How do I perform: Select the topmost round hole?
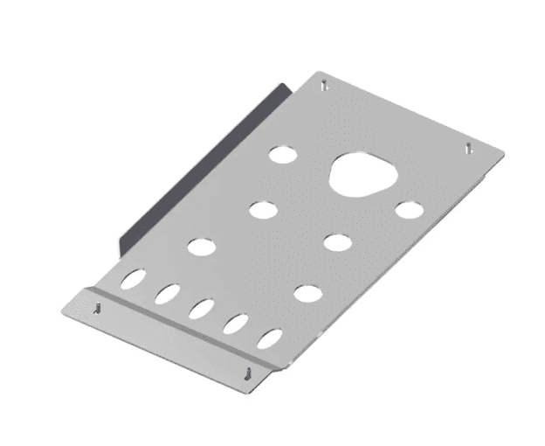282,155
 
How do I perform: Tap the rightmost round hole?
408,210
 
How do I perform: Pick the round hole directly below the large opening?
338,241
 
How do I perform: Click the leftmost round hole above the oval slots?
199,247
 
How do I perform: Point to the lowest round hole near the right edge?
306,293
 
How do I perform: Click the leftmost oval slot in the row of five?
134,281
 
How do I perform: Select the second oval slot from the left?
167,294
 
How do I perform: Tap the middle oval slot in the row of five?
201,309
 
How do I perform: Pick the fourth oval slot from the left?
235,324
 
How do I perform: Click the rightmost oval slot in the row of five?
270,338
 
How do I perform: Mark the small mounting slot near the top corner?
325,85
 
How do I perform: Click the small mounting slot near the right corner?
469,147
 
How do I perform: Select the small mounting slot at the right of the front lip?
251,372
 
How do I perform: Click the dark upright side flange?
201,166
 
